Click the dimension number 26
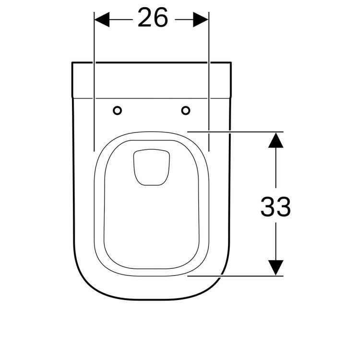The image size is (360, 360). pos(153,18)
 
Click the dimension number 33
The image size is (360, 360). pos(276,207)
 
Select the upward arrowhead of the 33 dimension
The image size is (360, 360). pos(275,140)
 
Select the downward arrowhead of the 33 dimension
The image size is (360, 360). pos(275,267)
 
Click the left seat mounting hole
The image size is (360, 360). pos(117,111)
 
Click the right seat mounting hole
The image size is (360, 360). pos(186,111)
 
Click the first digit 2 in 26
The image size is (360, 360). pos(145,18)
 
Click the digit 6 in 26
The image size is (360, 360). pos(161,18)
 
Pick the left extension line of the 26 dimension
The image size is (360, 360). pos(94,96)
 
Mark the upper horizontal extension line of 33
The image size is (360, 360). pos(235,131)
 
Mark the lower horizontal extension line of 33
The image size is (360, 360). pos(235,276)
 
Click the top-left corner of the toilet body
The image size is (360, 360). pos(72,63)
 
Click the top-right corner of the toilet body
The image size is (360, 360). pos(231,63)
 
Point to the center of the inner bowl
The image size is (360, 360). pos(151,211)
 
